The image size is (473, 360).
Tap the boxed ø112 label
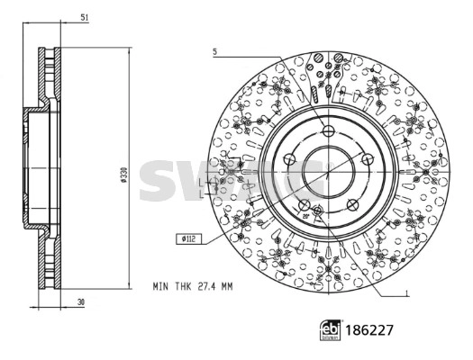pos(188,238)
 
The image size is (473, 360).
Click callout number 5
pos(215,52)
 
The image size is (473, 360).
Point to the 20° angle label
pos(306,217)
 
